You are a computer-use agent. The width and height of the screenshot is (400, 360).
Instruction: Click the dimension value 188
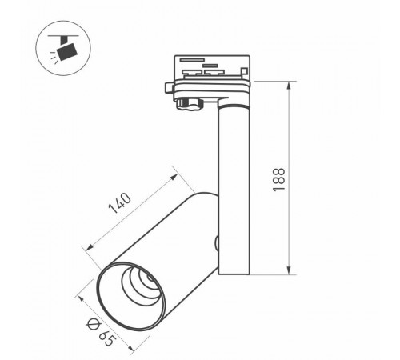point(298,177)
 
